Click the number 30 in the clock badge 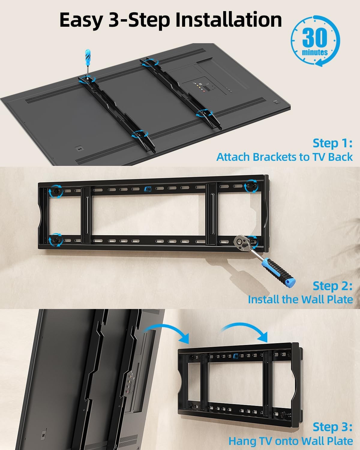click(314, 37)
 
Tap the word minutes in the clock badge click(315, 52)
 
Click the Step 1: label click(332, 143)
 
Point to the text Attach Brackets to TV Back click(284, 157)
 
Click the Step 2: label click(332, 286)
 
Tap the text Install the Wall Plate click(300, 299)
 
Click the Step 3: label click(332, 427)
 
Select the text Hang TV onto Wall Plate click(290, 441)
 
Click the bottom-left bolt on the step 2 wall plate click(56, 240)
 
